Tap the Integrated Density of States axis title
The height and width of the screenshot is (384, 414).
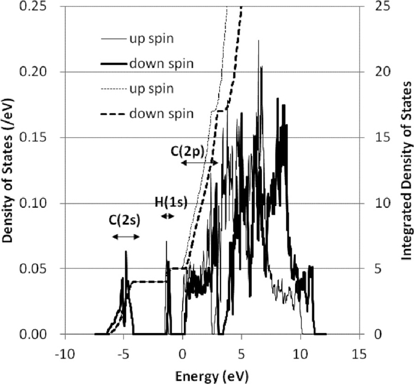point(406,170)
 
